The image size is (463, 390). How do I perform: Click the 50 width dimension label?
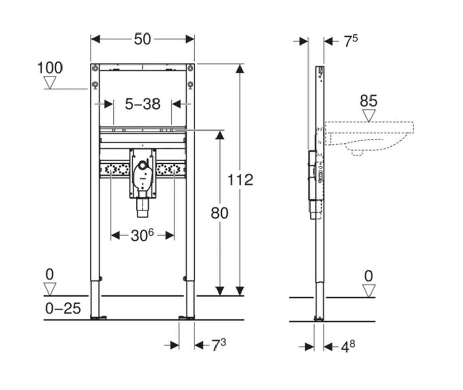click(142, 39)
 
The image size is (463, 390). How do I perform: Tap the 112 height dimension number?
click(240, 180)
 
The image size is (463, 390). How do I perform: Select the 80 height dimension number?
click(220, 213)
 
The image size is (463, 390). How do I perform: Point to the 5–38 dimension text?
click(142, 104)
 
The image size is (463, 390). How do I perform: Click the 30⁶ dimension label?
click(142, 235)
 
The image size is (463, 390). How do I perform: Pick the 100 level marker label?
click(50, 68)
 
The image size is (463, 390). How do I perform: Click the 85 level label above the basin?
click(368, 101)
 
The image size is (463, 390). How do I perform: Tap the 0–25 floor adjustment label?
click(63, 309)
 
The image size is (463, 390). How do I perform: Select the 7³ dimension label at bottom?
click(219, 345)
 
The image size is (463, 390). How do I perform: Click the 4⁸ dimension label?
click(348, 347)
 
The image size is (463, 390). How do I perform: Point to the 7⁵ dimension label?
click(351, 41)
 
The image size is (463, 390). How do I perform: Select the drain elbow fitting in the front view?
click(142, 174)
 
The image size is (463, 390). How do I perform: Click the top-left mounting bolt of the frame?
click(95, 68)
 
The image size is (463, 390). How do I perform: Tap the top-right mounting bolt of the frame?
click(191, 68)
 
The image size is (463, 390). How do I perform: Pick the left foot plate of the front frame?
click(99, 318)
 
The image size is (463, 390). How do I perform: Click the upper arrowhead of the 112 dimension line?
click(240, 69)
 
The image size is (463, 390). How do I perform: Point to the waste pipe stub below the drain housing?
click(142, 208)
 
